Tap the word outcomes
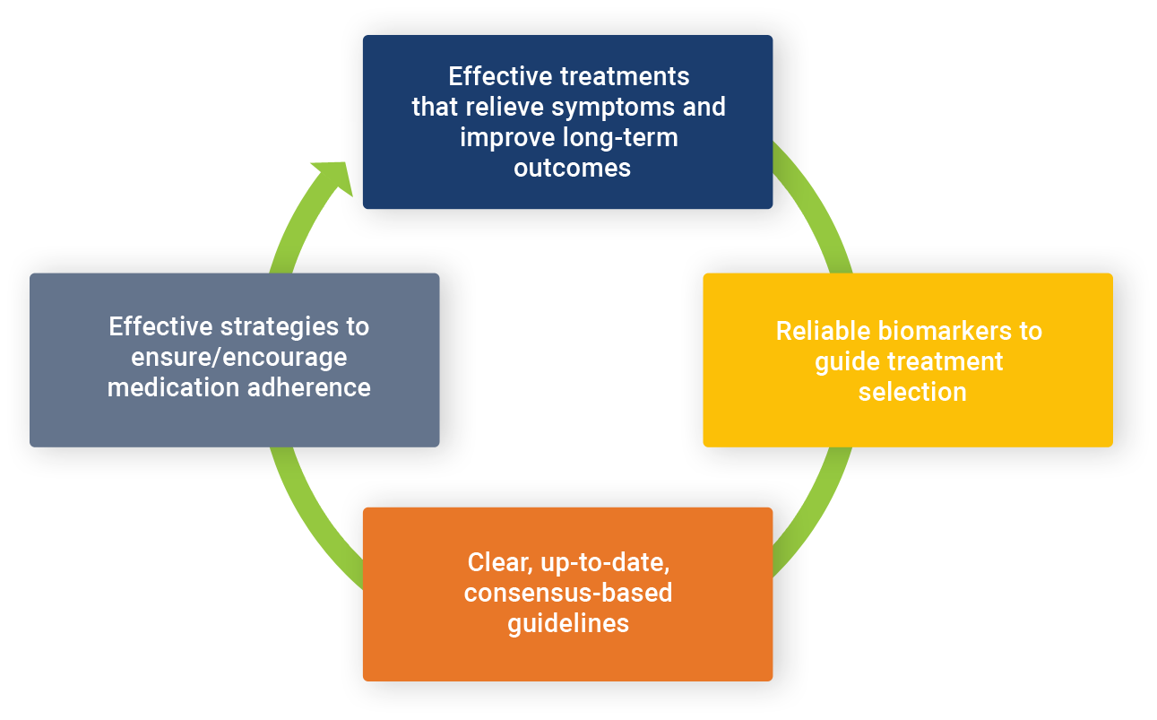[572, 168]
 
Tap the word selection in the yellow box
[912, 392]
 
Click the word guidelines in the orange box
[568, 624]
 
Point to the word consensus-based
[568, 593]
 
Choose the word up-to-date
[605, 563]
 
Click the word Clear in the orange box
[500, 562]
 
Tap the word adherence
[309, 387]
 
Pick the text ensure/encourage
[238, 358]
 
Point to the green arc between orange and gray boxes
[310, 522]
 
